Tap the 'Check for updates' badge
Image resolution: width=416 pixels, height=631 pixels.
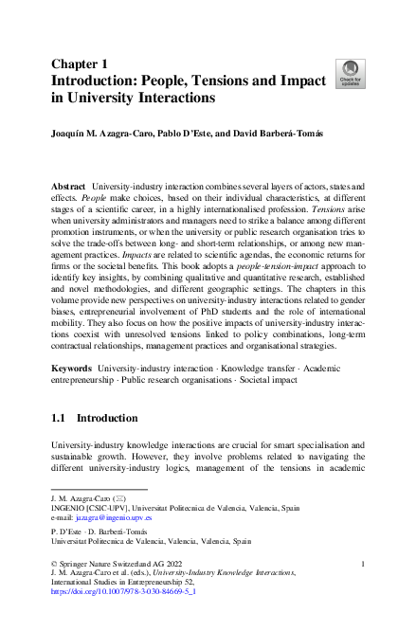point(347,72)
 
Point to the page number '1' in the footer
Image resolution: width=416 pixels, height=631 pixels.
point(364,565)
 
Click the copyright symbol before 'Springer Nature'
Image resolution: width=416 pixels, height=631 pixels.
point(53,565)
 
